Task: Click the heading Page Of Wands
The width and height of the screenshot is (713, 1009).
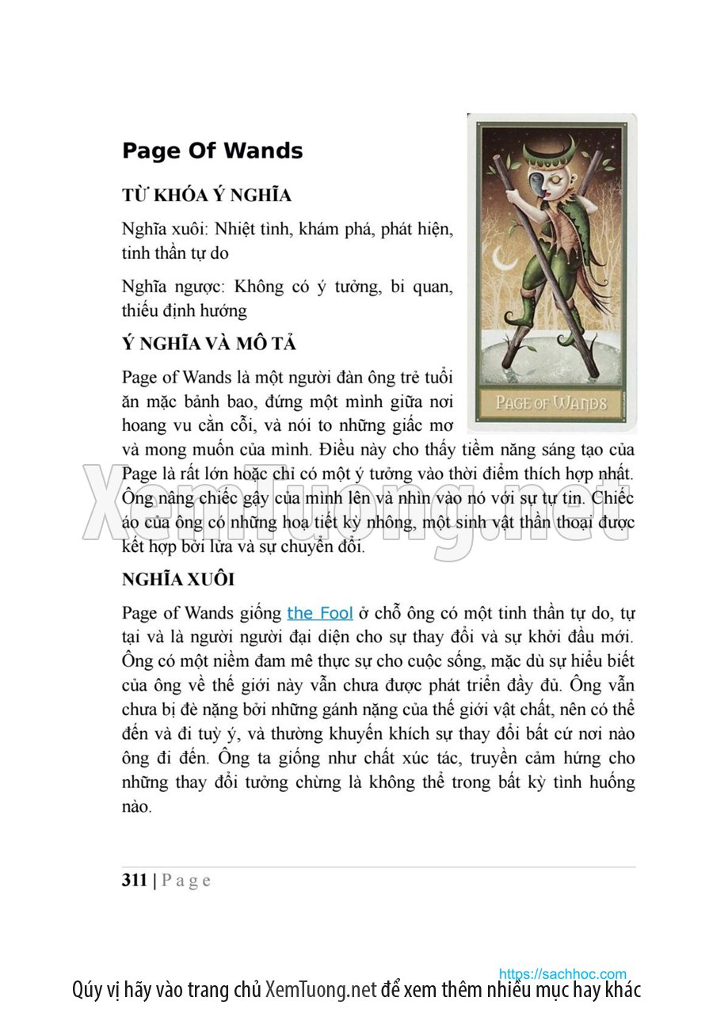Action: [212, 151]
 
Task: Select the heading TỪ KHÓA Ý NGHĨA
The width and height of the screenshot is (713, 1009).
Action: [207, 196]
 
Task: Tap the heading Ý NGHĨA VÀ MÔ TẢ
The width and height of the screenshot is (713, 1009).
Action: [209, 345]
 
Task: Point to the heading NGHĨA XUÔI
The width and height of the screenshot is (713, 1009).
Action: [178, 579]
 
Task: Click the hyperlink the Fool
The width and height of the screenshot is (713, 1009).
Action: [320, 613]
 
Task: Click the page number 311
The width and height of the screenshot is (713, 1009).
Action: [135, 880]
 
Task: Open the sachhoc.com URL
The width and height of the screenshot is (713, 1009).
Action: [562, 974]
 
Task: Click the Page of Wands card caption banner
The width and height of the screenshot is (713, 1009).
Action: [551, 402]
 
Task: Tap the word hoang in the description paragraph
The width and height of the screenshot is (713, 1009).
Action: [143, 425]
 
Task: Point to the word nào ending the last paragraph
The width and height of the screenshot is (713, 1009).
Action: [135, 807]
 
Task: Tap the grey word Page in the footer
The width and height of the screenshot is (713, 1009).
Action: [186, 881]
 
